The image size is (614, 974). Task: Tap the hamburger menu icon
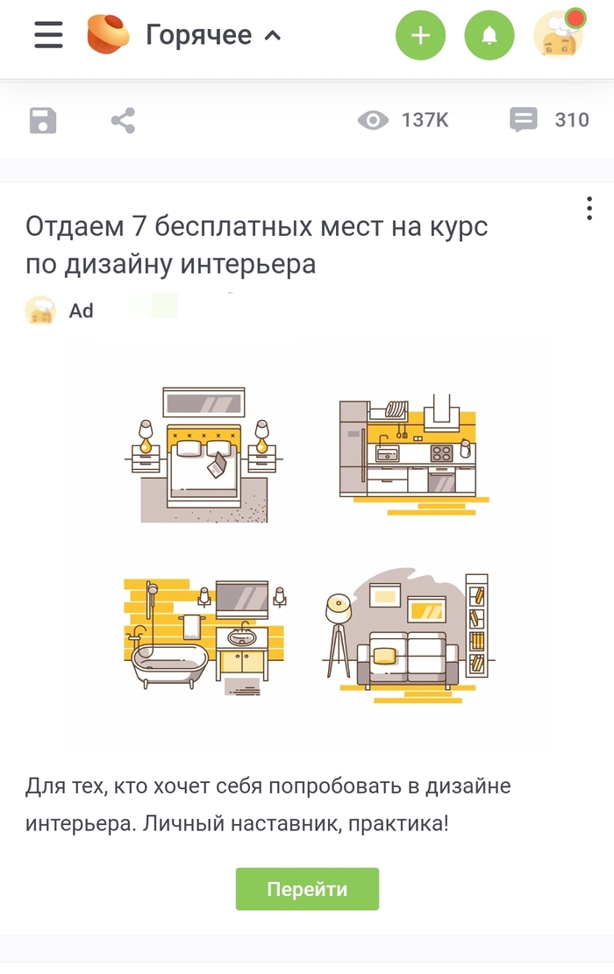[x=48, y=35]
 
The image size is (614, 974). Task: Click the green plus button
[x=420, y=35]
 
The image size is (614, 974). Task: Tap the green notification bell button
[x=489, y=35]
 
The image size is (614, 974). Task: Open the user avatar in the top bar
[x=559, y=35]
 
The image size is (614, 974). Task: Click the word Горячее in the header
[x=198, y=35]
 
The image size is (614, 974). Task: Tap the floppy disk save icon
[x=43, y=120]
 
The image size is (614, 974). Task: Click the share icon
[x=123, y=120]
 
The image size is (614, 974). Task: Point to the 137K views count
[x=425, y=120]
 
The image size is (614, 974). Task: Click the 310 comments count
[x=572, y=120]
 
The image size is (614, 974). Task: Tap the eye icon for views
[x=373, y=120]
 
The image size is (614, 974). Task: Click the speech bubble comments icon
[x=524, y=120]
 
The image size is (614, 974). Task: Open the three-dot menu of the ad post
[x=589, y=209]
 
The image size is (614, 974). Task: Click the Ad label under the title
[x=82, y=311]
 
